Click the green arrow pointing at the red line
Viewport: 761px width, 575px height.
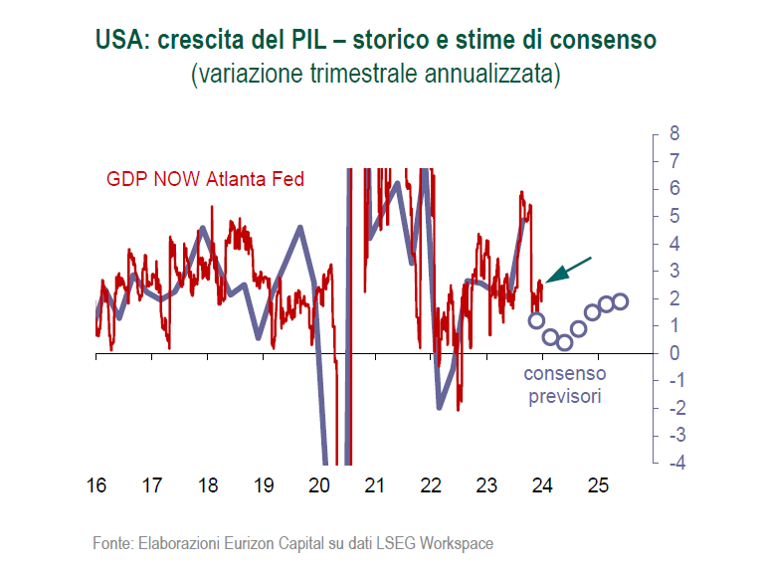coord(568,270)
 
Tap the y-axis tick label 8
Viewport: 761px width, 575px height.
coord(674,133)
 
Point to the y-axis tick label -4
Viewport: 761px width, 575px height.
coord(677,463)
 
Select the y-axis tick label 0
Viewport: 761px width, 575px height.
coord(674,353)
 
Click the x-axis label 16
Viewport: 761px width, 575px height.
coord(96,485)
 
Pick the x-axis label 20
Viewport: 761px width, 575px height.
coord(319,485)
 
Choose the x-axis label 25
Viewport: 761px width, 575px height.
coord(598,485)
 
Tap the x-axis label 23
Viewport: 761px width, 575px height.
coord(486,485)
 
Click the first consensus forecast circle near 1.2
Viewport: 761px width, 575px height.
coord(536,320)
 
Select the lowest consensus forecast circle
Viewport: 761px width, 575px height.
coord(564,343)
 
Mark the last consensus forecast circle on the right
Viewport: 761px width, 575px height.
coord(621,301)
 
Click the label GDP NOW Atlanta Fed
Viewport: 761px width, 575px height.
coord(205,179)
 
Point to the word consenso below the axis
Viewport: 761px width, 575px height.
coord(565,374)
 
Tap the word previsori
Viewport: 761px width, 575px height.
coord(565,397)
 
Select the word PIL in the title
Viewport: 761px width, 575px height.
coord(309,40)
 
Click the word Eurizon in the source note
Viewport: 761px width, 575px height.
coord(249,543)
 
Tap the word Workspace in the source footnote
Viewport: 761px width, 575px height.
coord(456,543)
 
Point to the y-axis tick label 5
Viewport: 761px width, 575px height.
coord(674,216)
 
